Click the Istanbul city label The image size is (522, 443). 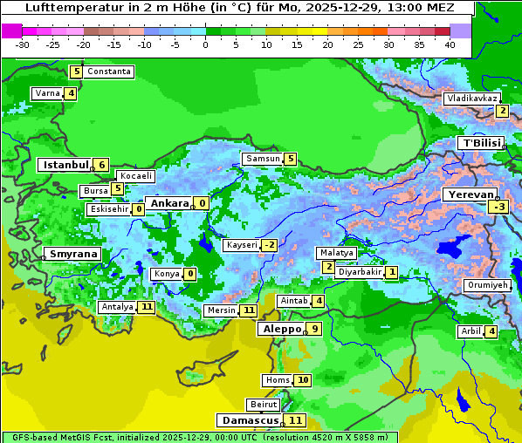65,165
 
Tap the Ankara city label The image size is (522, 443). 169,203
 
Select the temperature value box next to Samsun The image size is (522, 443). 290,159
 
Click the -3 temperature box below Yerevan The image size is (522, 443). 498,207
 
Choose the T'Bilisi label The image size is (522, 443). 481,143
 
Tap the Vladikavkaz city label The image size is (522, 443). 471,99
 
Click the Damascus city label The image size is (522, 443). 250,420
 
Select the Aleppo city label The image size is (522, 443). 280,329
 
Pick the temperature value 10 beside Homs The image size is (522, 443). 302,380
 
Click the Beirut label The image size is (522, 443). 264,405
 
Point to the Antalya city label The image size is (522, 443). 117,307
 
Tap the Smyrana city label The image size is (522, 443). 73,254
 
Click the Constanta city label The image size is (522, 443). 109,72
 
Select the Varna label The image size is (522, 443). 47,93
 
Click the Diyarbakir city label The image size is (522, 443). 360,272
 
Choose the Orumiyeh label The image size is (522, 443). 486,285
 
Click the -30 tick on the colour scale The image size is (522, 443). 23,44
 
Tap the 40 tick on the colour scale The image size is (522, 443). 449,44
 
